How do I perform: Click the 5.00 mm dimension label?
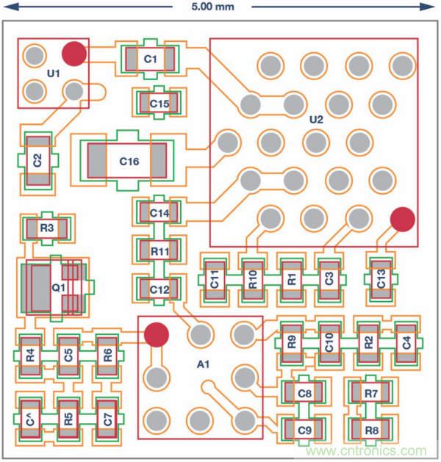pyautogui.click(x=212, y=7)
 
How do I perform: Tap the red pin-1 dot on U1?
pyautogui.click(x=73, y=53)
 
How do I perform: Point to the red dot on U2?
pyautogui.click(x=402, y=218)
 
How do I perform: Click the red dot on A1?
pyautogui.click(x=155, y=334)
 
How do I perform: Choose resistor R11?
pyautogui.click(x=159, y=251)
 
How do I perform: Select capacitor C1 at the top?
pyautogui.click(x=150, y=59)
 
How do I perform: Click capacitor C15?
pyautogui.click(x=159, y=104)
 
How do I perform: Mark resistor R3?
pyautogui.click(x=47, y=228)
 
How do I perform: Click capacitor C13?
pyautogui.click(x=381, y=279)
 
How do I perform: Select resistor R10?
pyautogui.click(x=254, y=279)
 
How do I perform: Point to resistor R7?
pyautogui.click(x=371, y=394)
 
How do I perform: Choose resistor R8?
pyautogui.click(x=371, y=430)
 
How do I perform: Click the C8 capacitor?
pyautogui.click(x=306, y=394)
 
